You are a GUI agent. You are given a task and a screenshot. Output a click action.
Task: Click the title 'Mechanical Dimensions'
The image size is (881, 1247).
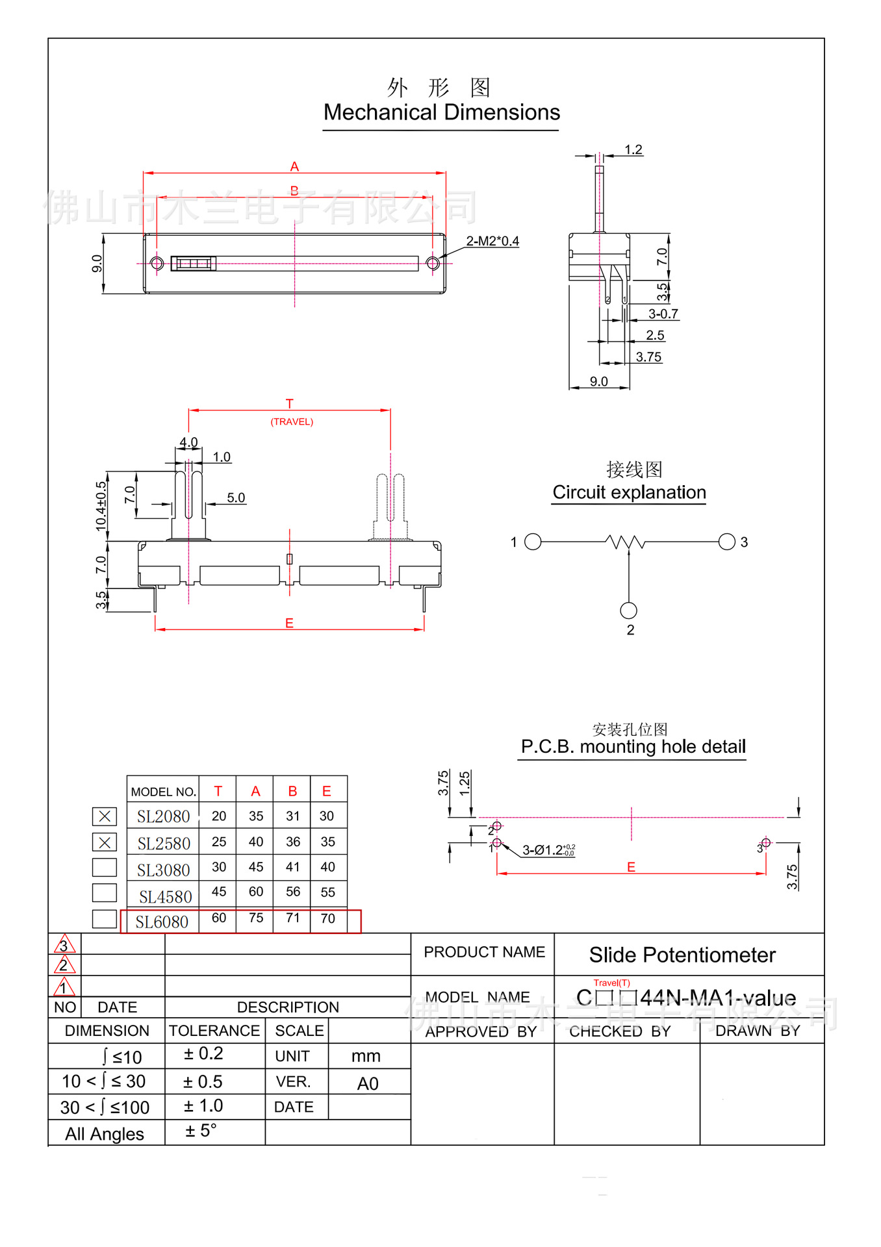click(x=442, y=112)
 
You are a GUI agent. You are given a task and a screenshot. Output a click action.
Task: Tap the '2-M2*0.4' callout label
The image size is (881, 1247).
click(x=492, y=241)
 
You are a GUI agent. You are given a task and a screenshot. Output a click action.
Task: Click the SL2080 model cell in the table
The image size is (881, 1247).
click(x=163, y=816)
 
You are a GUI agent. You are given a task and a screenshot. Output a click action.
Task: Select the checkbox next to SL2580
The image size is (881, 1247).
click(x=105, y=842)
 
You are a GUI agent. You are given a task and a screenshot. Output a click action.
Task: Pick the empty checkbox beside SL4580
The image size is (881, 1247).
click(x=105, y=892)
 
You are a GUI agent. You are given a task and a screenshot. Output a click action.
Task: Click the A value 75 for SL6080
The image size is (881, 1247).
click(x=256, y=918)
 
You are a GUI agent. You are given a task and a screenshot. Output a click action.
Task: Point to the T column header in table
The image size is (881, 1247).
click(x=218, y=791)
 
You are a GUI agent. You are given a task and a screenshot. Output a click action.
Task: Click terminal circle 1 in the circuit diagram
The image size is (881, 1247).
click(x=533, y=542)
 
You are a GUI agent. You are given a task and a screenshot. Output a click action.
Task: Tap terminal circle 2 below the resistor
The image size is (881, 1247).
click(x=628, y=611)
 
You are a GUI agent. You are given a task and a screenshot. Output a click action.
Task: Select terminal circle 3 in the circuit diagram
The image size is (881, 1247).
click(x=727, y=542)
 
